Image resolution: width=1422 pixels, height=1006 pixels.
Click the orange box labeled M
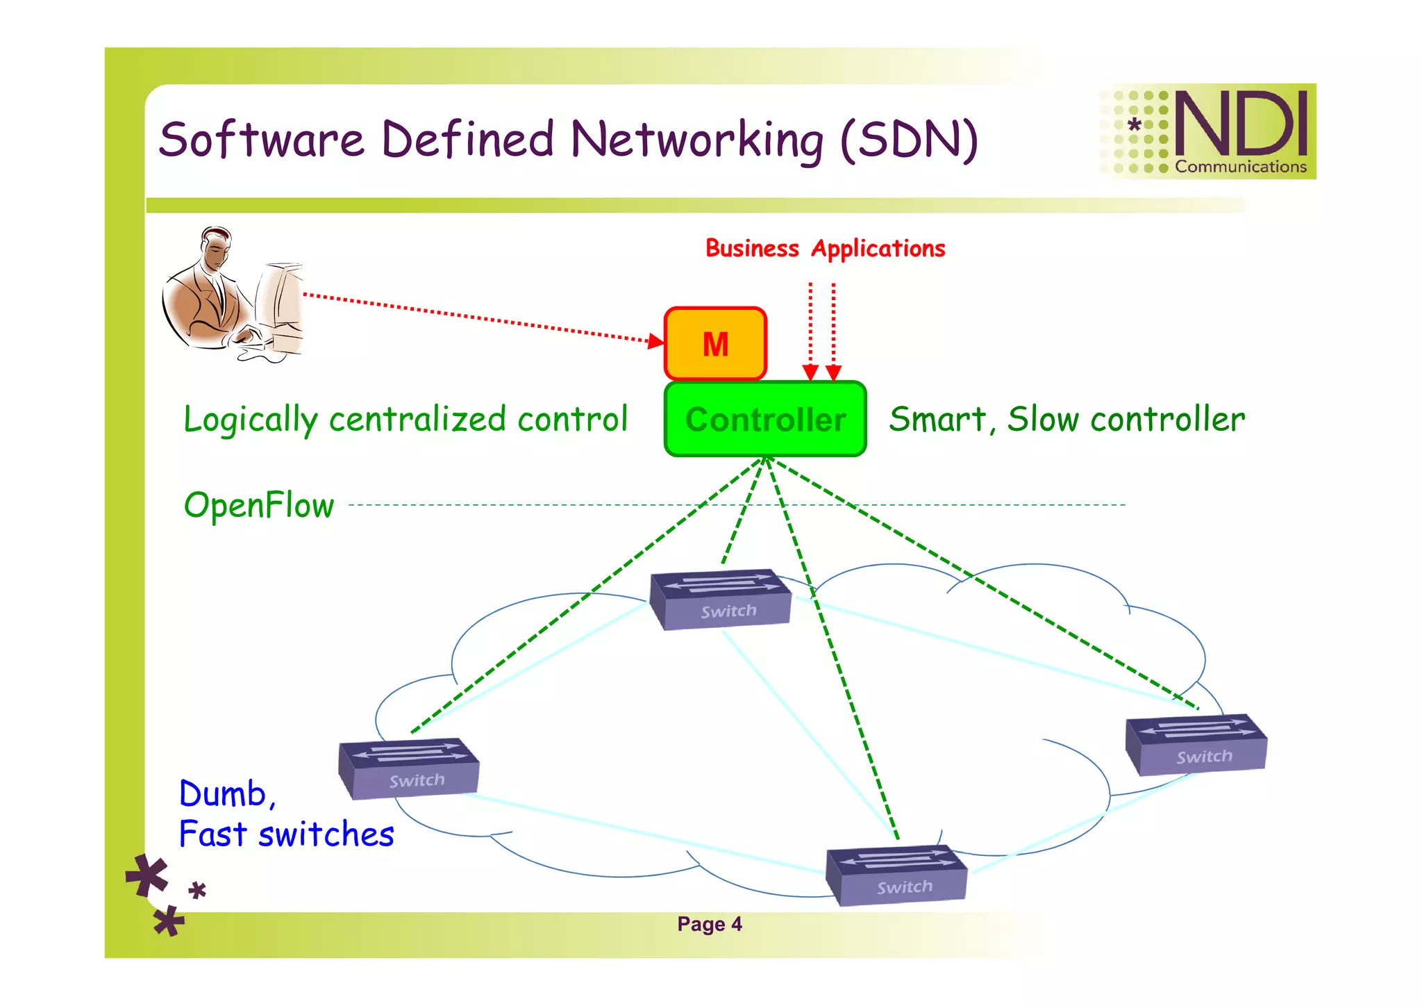click(715, 344)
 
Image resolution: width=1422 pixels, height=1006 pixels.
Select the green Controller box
click(765, 419)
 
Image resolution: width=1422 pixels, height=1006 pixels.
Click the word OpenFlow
click(259, 505)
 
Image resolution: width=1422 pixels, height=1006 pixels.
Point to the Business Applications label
click(825, 248)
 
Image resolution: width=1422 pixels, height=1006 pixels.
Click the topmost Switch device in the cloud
click(720, 600)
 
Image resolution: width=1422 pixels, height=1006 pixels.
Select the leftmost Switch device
click(409, 768)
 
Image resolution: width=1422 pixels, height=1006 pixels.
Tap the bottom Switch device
click(896, 875)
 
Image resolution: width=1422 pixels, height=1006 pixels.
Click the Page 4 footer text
click(710, 924)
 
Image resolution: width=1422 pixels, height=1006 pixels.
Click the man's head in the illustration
click(215, 249)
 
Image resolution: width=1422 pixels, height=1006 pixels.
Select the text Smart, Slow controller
click(1067, 419)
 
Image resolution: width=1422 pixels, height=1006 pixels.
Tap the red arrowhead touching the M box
click(655, 340)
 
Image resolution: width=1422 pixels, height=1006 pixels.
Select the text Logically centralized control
click(405, 419)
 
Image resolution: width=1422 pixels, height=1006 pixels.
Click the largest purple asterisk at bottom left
click(147, 876)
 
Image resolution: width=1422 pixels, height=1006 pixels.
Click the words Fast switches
click(287, 834)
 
